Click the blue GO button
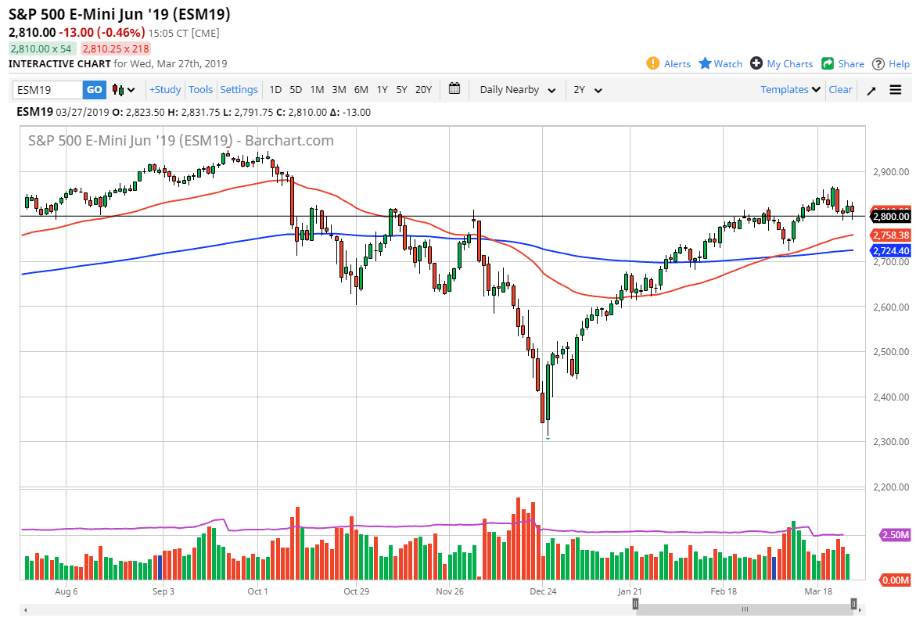pyautogui.click(x=94, y=90)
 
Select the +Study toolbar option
pyautogui.click(x=165, y=90)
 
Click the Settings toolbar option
pyautogui.click(x=239, y=90)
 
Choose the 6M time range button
pyautogui.click(x=361, y=90)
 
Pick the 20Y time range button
pyautogui.click(x=423, y=90)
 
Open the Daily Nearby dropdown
pyautogui.click(x=517, y=90)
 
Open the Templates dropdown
pyautogui.click(x=791, y=90)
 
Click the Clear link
pyautogui.click(x=840, y=90)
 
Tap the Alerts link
pyautogui.click(x=669, y=64)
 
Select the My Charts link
pyautogui.click(x=781, y=64)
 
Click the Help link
pyautogui.click(x=891, y=64)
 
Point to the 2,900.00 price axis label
pyautogui.click(x=891, y=171)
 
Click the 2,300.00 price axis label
pyautogui.click(x=891, y=442)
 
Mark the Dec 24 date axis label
pyautogui.click(x=542, y=591)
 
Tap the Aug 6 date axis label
pyautogui.click(x=66, y=591)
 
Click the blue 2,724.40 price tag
pyautogui.click(x=890, y=251)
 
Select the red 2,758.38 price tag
pyautogui.click(x=890, y=235)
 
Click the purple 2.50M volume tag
pyautogui.click(x=895, y=535)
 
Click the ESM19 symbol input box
pyautogui.click(x=47, y=90)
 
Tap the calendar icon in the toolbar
pyautogui.click(x=454, y=89)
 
